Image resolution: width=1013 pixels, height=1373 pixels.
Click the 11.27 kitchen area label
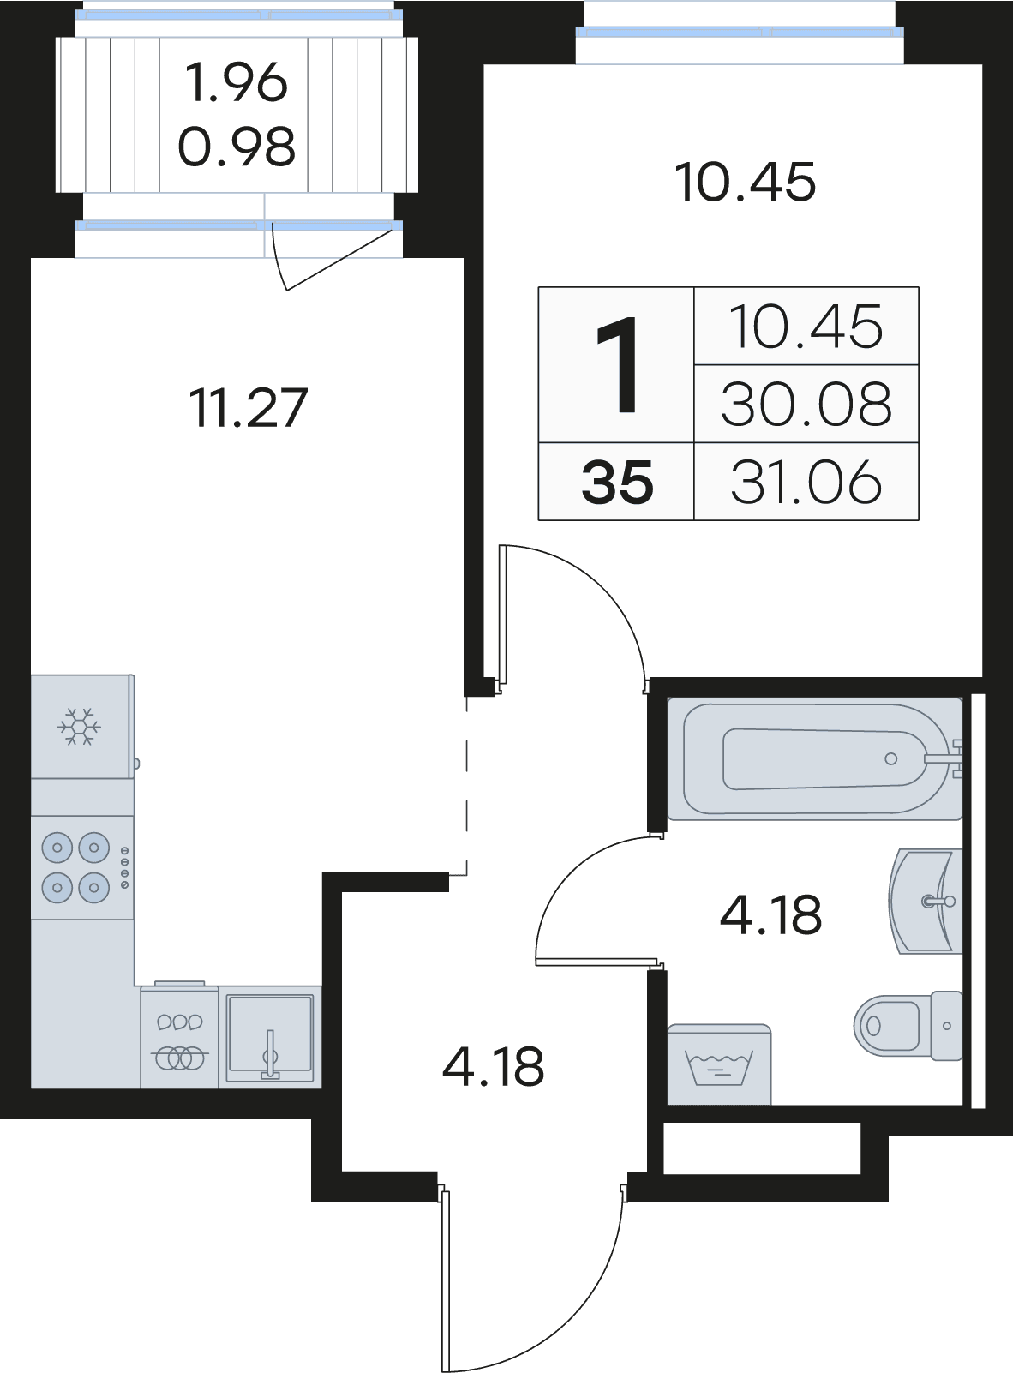(x=248, y=408)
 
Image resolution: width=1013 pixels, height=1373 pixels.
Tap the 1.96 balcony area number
(x=237, y=82)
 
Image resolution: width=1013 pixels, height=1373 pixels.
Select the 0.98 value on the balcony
(x=237, y=147)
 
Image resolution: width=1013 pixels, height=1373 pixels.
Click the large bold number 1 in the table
(x=617, y=364)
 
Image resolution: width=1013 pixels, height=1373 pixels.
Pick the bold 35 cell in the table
(x=617, y=483)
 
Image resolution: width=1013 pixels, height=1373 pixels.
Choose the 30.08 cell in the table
(x=806, y=404)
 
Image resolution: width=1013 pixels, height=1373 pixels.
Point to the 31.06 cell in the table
(x=806, y=482)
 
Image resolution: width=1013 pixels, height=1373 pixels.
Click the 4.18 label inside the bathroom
(x=771, y=914)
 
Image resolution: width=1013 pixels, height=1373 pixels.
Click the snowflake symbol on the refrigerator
(x=79, y=726)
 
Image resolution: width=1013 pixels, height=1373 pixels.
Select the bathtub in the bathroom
(x=815, y=759)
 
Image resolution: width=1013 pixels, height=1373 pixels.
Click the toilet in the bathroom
(x=908, y=1026)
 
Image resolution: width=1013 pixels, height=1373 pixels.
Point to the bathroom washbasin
(x=926, y=902)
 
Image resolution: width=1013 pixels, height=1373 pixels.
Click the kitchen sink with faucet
(x=270, y=1037)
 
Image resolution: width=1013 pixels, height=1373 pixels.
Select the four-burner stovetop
(x=82, y=867)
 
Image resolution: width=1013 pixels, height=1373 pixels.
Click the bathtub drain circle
(x=891, y=759)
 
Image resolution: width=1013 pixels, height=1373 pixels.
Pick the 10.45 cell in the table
(x=806, y=327)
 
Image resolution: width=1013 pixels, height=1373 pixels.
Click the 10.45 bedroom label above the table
(x=746, y=182)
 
